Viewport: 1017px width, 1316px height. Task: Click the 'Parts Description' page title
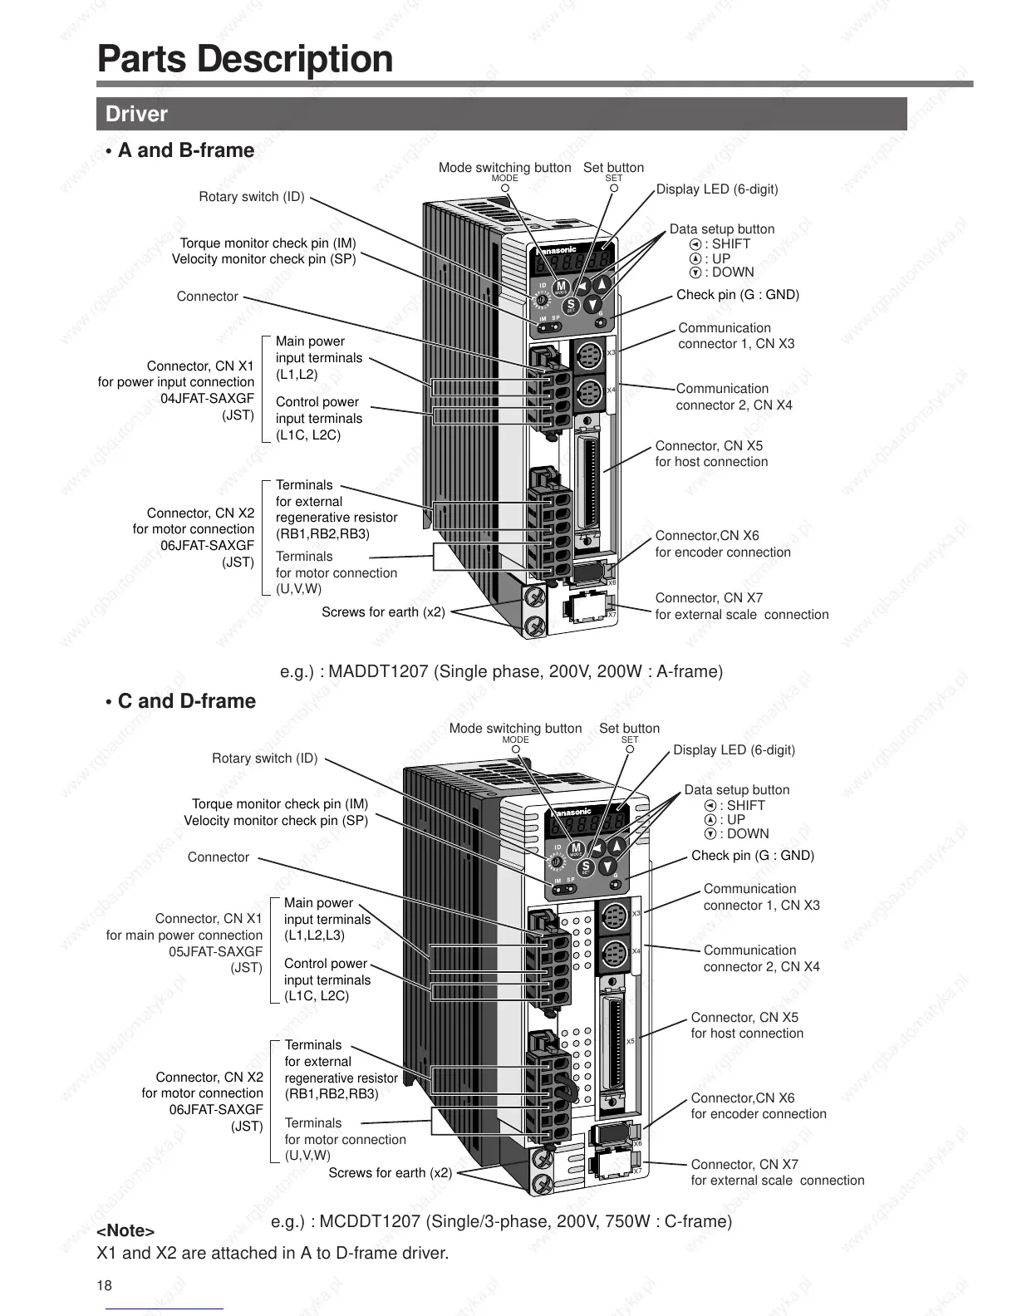245,59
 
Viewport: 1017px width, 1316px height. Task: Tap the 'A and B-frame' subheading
185,150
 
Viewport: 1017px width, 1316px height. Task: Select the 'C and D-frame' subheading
186,701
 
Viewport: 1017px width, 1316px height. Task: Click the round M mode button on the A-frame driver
561,287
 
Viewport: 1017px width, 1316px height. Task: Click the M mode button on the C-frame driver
576,848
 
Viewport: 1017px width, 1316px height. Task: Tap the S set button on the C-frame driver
585,867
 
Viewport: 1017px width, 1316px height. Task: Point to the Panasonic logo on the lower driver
569,812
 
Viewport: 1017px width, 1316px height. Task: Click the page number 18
104,1286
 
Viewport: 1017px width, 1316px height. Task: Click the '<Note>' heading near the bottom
125,1230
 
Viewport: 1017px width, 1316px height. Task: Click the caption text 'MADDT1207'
378,671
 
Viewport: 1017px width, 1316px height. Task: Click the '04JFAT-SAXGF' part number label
207,399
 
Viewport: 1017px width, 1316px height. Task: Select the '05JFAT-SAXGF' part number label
215,951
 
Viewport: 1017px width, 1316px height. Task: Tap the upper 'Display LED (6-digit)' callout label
717,189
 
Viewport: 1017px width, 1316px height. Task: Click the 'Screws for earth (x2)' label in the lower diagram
390,1173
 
